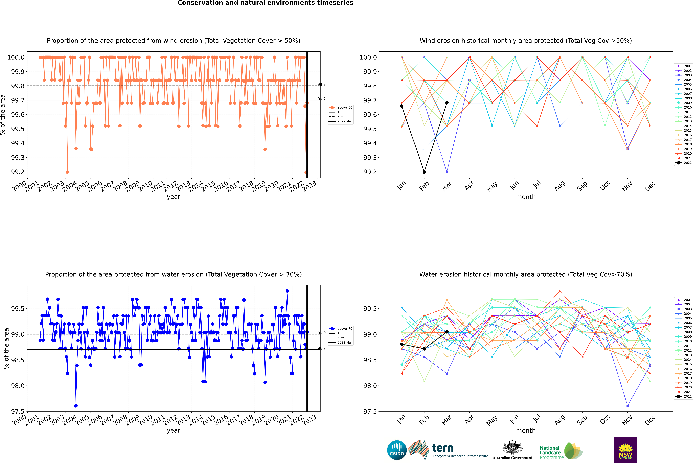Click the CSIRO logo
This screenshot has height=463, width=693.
pyautogui.click(x=397, y=450)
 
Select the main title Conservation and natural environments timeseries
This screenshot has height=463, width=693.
pyautogui.click(x=265, y=3)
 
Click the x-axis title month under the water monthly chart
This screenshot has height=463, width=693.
pyautogui.click(x=525, y=431)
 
